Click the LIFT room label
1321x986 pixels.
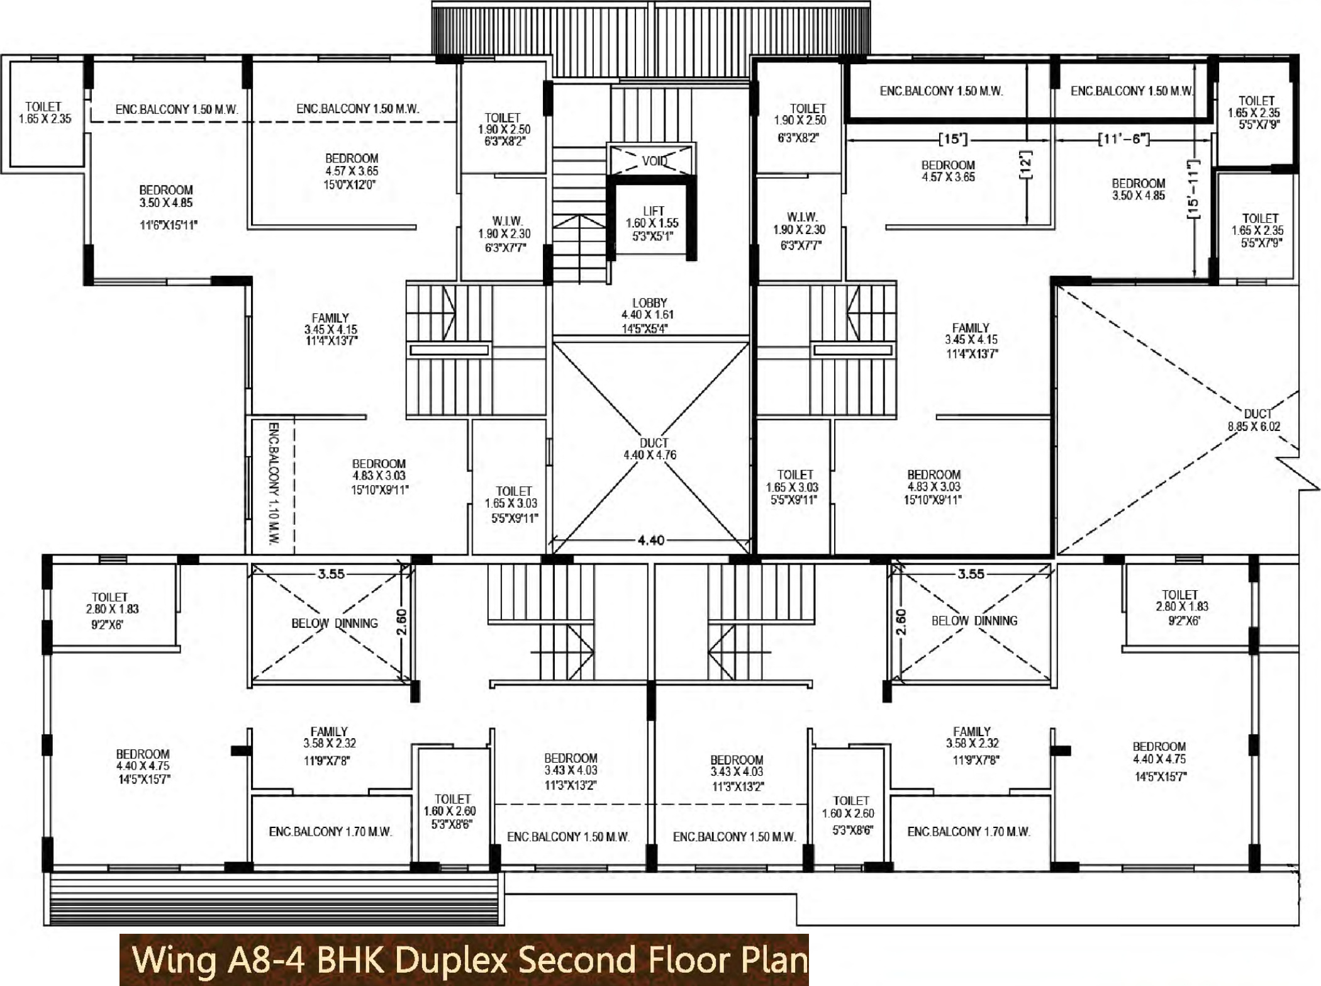[x=652, y=223]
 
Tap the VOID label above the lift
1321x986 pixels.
[x=654, y=161]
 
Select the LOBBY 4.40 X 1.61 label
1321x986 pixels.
[x=648, y=315]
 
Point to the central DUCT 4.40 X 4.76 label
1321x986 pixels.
[x=650, y=449]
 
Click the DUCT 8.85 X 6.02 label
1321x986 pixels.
[x=1254, y=420]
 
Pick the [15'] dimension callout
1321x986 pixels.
[x=952, y=138]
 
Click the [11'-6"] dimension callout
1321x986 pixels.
[x=1123, y=138]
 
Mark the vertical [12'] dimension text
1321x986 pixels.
[x=1026, y=165]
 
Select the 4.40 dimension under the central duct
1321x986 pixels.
[x=650, y=540]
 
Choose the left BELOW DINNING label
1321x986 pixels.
[x=335, y=623]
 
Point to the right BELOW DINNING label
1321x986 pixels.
[x=974, y=620]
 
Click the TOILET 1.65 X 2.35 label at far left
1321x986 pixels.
[x=45, y=113]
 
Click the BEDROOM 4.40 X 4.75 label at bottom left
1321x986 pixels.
[x=143, y=766]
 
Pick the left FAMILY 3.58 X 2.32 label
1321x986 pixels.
[x=328, y=746]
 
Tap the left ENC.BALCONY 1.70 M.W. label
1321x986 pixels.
[x=330, y=832]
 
